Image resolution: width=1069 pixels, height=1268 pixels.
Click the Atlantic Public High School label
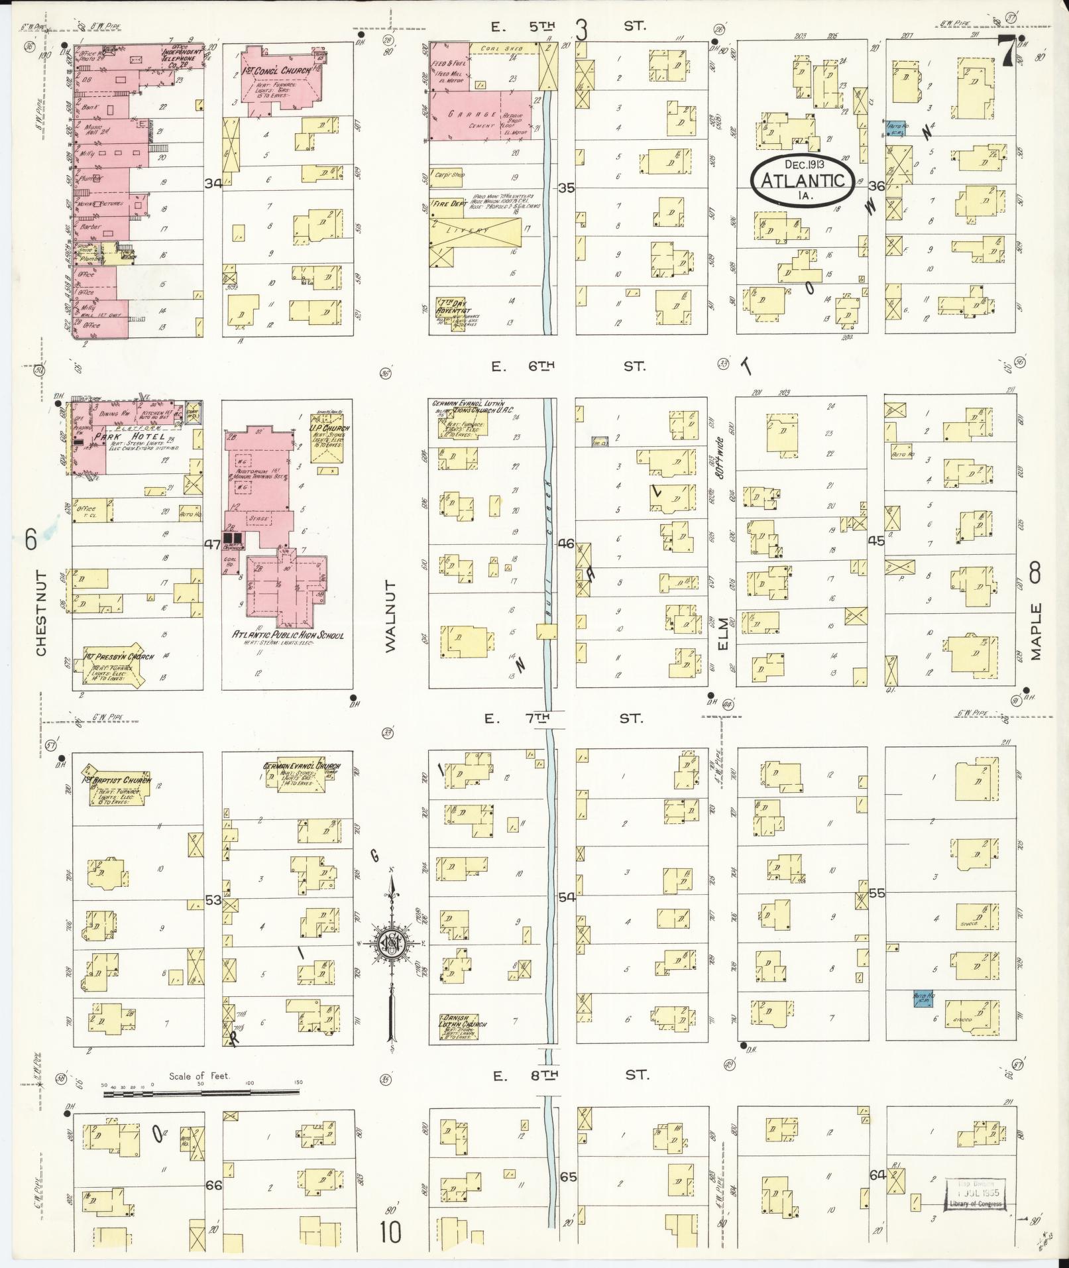point(287,635)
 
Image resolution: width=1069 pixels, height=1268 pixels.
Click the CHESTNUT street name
point(42,613)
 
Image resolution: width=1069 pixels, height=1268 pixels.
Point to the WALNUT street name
point(390,616)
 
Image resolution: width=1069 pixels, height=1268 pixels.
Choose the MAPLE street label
point(1036,631)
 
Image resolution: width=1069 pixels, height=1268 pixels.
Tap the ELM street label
point(722,633)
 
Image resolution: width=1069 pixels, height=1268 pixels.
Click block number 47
point(212,545)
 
